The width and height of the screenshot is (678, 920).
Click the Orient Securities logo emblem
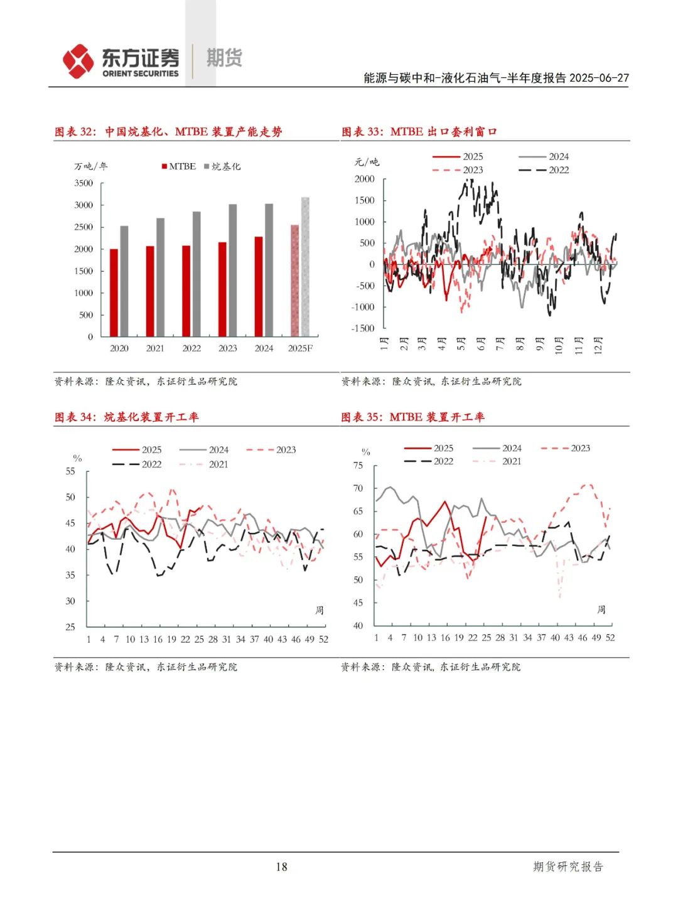tap(78, 62)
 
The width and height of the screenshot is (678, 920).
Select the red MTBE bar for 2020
tap(114, 292)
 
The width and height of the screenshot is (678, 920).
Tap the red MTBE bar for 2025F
tap(294, 280)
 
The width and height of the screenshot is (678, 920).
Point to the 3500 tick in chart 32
tap(83, 183)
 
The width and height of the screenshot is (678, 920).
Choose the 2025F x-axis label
tap(300, 348)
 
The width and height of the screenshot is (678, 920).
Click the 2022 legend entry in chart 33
tap(545, 170)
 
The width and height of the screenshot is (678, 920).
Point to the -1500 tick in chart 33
tap(363, 328)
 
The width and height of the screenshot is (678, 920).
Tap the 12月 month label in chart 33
tap(598, 345)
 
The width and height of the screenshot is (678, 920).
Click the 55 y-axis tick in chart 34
tap(70, 471)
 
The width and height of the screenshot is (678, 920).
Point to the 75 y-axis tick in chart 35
tap(358, 466)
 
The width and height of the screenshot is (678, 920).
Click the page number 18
tap(281, 867)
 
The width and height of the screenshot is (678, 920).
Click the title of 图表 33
tap(419, 132)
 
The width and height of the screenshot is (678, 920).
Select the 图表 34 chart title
tap(126, 417)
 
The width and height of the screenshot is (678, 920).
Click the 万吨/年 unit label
tap(91, 166)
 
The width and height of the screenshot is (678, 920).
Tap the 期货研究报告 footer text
tap(568, 867)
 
